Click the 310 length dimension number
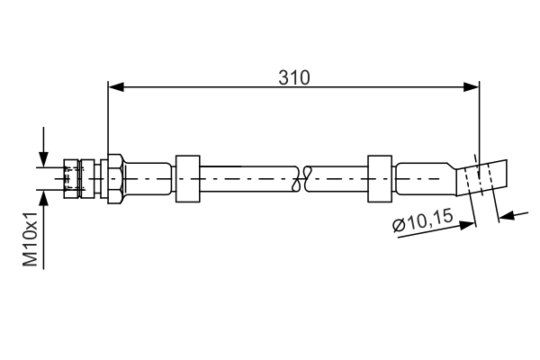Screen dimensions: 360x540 (x=293, y=77)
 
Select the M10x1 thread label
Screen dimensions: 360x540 (x=30, y=240)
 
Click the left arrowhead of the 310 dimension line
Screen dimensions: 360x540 (x=114, y=87)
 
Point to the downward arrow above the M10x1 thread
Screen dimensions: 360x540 (x=42, y=157)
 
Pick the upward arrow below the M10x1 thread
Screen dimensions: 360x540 (x=42, y=200)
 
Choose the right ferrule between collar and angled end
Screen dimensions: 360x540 (x=425, y=177)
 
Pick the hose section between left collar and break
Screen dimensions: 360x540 (x=247, y=177)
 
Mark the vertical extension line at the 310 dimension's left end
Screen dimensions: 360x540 (x=108, y=117)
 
